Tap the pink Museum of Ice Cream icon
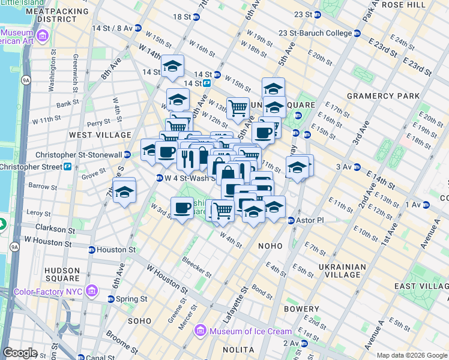200,331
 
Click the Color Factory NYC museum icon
92,291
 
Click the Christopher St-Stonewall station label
79,155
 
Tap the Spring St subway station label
132,299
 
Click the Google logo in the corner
20,353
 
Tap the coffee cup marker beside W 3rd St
182,208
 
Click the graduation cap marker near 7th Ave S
124,192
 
